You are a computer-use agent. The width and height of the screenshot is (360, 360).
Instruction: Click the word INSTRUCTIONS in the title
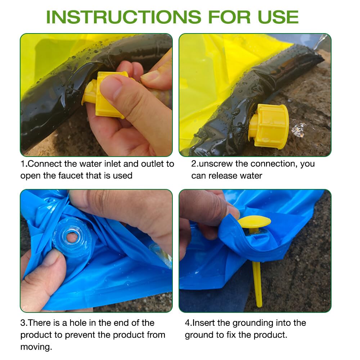click(x=124, y=17)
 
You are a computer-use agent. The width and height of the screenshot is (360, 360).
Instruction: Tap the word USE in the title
click(x=278, y=17)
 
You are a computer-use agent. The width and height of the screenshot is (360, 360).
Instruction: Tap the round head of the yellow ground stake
click(x=254, y=221)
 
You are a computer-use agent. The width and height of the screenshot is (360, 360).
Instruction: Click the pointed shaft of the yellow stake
click(x=257, y=284)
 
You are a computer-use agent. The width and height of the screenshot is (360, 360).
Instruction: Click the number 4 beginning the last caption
click(x=188, y=323)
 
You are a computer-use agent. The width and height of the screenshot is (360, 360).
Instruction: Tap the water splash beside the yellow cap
click(x=299, y=130)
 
